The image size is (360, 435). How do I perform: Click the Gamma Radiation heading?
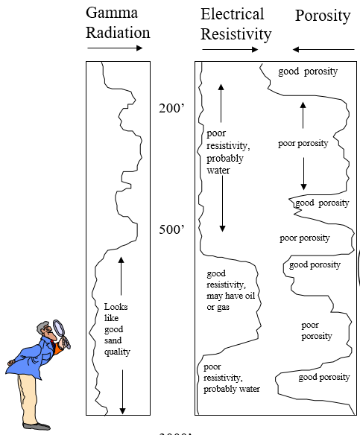(118, 22)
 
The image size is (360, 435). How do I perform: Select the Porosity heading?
(322, 16)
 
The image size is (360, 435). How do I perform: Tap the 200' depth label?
(171, 109)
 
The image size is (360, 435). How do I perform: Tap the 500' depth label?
(171, 229)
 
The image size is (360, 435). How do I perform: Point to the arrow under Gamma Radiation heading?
(115, 48)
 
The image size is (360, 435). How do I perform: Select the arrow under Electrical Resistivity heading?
(230, 50)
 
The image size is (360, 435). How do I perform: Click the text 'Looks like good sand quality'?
(116, 328)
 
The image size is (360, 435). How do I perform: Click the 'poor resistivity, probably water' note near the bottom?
(231, 378)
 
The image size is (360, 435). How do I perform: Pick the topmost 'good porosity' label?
(308, 72)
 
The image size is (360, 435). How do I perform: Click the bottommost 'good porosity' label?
(324, 377)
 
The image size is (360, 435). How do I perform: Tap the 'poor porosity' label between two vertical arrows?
(303, 143)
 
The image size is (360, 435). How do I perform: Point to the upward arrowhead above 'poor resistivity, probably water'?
(221, 87)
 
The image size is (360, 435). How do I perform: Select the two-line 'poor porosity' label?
(317, 331)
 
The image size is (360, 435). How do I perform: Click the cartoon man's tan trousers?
(28, 395)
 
